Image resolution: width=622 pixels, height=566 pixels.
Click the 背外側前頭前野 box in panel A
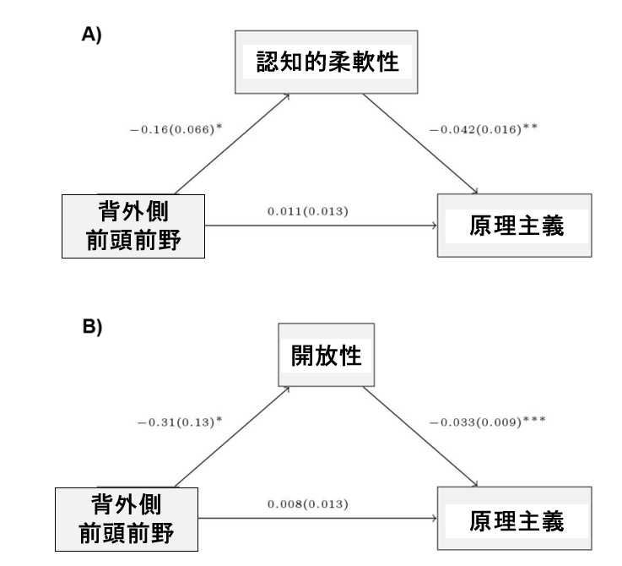[x=133, y=226]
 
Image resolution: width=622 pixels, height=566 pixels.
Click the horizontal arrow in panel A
[x=321, y=226]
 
